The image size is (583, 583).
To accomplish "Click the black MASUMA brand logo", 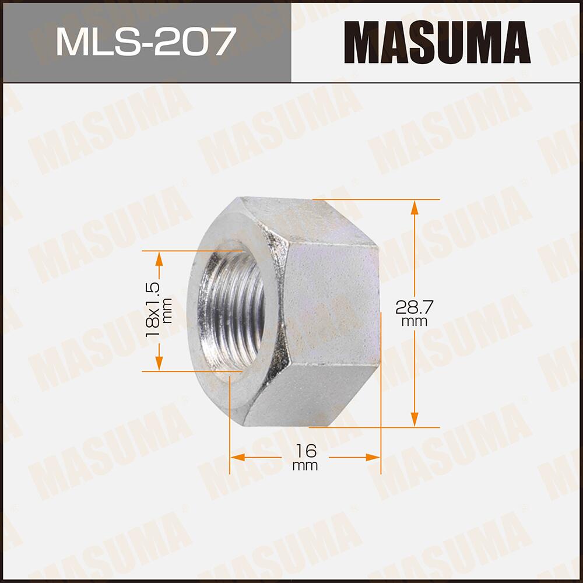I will (x=437, y=42).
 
